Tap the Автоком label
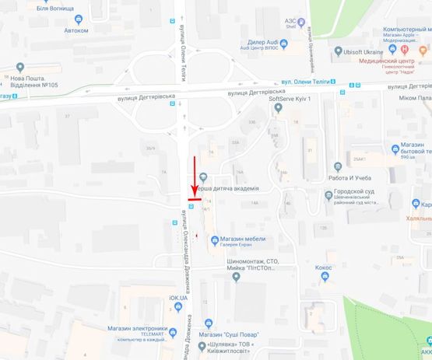coord(76,30)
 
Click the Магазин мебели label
coord(242,239)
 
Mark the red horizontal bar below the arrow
coord(195,199)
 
